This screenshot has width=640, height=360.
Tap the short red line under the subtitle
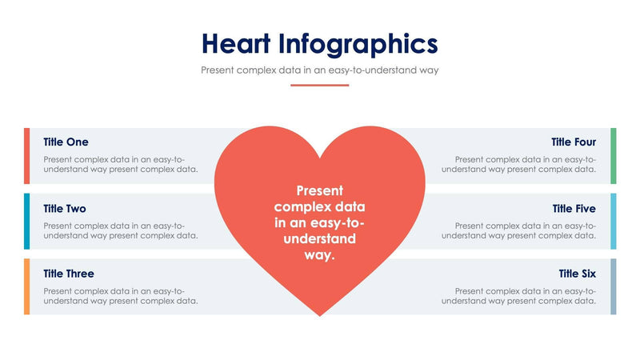pyautogui.click(x=319, y=85)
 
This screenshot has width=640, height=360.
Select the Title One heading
pyautogui.click(x=66, y=142)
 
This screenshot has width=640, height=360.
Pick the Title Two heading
pyautogui.click(x=65, y=208)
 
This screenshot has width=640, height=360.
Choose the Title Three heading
pyautogui.click(x=69, y=274)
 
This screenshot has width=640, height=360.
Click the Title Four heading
pyautogui.click(x=573, y=142)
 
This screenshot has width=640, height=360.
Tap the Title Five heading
pyautogui.click(x=574, y=208)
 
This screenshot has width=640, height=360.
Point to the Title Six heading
pyautogui.click(x=577, y=274)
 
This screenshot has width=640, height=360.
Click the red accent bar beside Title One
pyautogui.click(x=26, y=155)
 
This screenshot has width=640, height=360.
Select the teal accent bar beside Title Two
pyautogui.click(x=26, y=221)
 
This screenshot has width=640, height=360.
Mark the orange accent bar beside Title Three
pyautogui.click(x=26, y=286)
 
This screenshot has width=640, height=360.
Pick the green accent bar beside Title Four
pyautogui.click(x=614, y=155)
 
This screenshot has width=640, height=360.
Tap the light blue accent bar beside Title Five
pyautogui.click(x=614, y=221)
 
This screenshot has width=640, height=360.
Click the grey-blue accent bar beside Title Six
pyautogui.click(x=614, y=286)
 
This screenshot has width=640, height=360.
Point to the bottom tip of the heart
pyautogui.click(x=320, y=314)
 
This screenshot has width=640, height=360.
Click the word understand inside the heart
pyautogui.click(x=320, y=239)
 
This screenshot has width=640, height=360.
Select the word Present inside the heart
pyautogui.click(x=320, y=190)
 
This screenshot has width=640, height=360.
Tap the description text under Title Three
pyautogui.click(x=121, y=295)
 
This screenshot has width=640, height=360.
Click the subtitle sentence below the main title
pyautogui.click(x=319, y=70)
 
